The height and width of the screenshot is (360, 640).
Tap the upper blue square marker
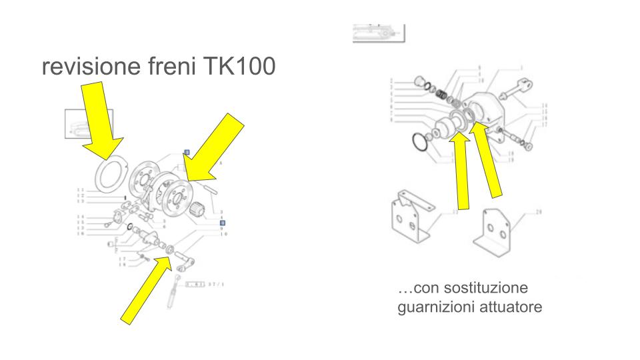pos(187,152)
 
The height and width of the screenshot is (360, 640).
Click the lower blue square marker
pos(224,223)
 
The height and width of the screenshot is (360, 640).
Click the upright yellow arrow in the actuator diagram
pos(459,170)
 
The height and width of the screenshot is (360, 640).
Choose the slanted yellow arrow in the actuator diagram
pos(489,160)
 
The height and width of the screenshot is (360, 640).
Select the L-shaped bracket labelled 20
pos(497,233)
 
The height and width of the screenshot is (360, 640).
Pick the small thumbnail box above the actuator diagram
pos(378,31)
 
